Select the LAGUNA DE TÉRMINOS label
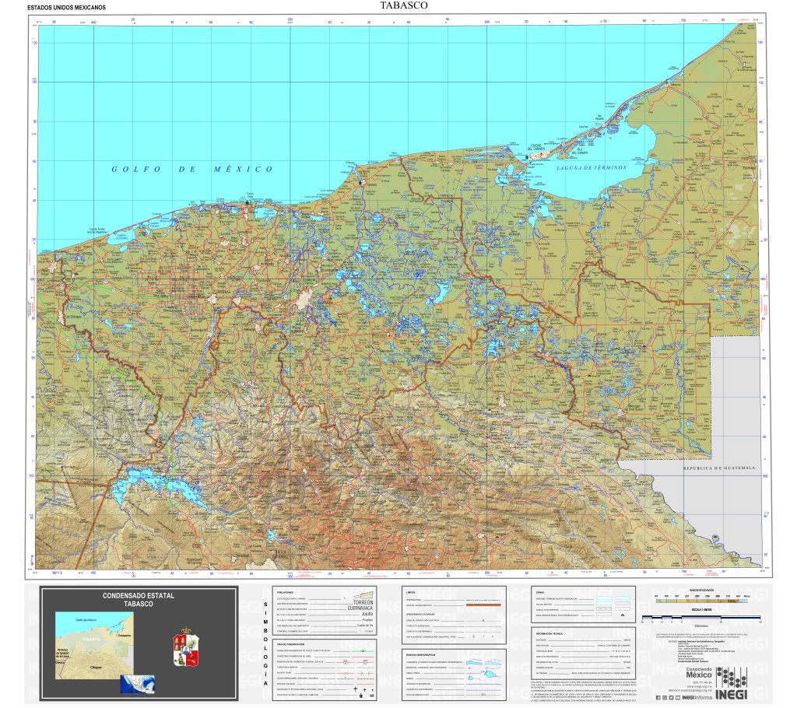coord(592,168)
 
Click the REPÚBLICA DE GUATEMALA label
coord(720,468)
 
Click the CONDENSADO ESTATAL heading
coord(139,595)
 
